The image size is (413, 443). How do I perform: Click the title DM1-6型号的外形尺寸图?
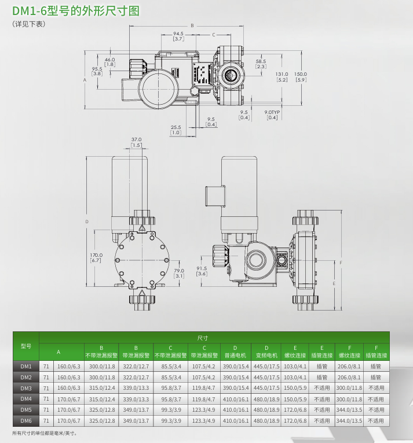[75, 11]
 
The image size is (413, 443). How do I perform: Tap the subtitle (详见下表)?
[28, 24]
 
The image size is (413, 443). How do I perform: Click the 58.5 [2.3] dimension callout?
[261, 64]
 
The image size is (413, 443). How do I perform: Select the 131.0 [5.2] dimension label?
[282, 77]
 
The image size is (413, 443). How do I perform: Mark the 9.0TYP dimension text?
[272, 114]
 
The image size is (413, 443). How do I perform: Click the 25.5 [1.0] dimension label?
[176, 130]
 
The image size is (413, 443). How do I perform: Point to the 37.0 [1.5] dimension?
[136, 142]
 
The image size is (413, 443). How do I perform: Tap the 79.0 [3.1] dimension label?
[179, 273]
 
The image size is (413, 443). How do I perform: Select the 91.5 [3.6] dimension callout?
[202, 271]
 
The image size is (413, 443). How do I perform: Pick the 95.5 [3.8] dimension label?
[97, 71]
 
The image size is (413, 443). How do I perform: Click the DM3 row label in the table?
[25, 387]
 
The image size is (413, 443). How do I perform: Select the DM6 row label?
[25, 420]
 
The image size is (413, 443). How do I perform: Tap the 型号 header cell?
[25, 346]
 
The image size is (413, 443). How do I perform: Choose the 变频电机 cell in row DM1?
[266, 366]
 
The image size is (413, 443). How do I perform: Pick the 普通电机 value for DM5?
[235, 410]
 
